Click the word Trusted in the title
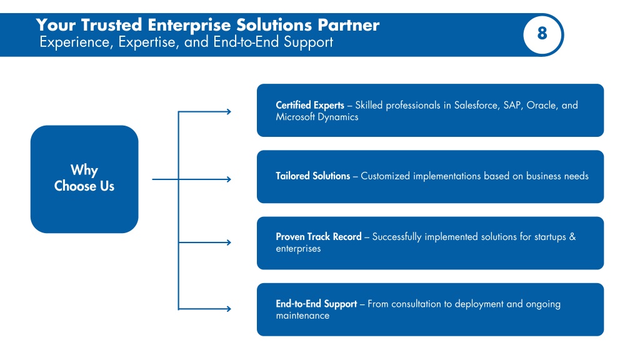[x=111, y=25]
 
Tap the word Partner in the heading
[x=348, y=25]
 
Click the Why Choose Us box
[x=84, y=179]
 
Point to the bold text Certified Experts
[x=310, y=105]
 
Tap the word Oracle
[x=542, y=105]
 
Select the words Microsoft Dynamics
[x=317, y=117]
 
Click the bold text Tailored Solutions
[x=312, y=176]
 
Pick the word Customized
[x=385, y=176]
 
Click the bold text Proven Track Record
[x=319, y=237]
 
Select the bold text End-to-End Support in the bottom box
[x=316, y=304]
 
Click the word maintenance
[x=302, y=316]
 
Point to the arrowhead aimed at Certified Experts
[x=229, y=111]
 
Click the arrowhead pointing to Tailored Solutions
[x=229, y=179]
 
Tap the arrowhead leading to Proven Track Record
[x=229, y=242]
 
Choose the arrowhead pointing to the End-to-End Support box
[x=229, y=309]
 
